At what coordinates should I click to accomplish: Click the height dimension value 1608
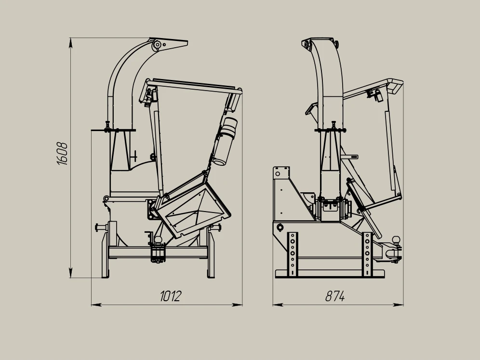tap(63, 154)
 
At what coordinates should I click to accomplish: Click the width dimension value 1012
tap(171, 296)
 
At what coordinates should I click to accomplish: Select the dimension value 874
tap(335, 296)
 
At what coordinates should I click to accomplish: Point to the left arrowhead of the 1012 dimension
tap(96, 305)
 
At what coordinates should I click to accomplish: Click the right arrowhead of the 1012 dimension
tap(237, 305)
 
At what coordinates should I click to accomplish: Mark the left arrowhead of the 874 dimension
tap(278, 305)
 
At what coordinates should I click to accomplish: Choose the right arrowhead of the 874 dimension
tap(398, 305)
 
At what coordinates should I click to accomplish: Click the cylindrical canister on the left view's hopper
tap(225, 141)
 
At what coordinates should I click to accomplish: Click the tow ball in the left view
tap(158, 240)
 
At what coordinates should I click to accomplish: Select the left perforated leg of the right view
tap(293, 254)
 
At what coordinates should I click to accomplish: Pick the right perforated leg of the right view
tap(367, 254)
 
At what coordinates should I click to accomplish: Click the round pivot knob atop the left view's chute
tap(157, 45)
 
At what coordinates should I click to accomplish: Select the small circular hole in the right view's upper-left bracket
tap(278, 174)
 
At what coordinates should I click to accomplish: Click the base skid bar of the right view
tap(330, 273)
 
